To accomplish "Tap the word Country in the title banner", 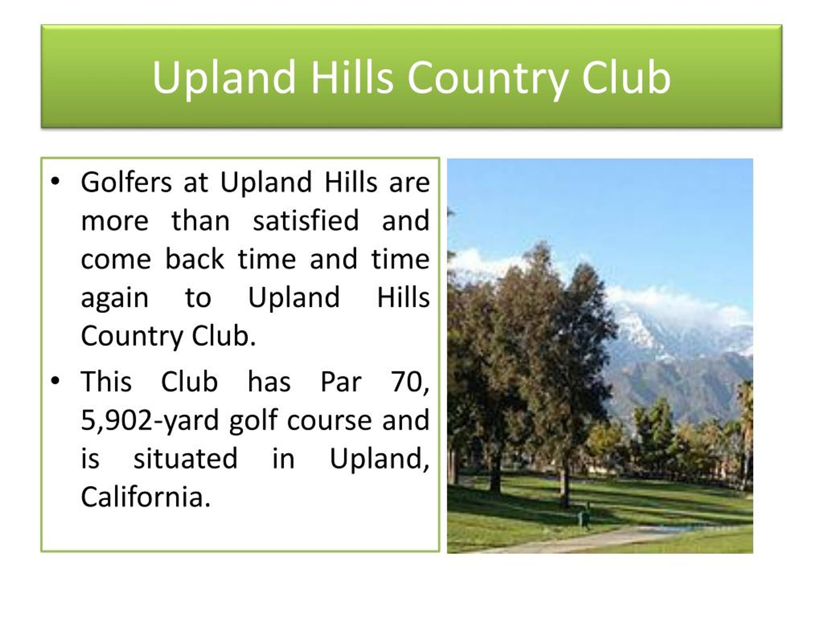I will [488, 78].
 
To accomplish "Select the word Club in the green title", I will [626, 77].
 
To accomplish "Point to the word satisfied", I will [306, 220].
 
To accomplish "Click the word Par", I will [340, 382].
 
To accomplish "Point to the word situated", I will [185, 459].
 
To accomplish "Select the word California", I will [145, 497].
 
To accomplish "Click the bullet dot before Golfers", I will [55, 182].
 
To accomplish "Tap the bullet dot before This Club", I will [55, 381].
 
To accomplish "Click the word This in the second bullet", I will [106, 382].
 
